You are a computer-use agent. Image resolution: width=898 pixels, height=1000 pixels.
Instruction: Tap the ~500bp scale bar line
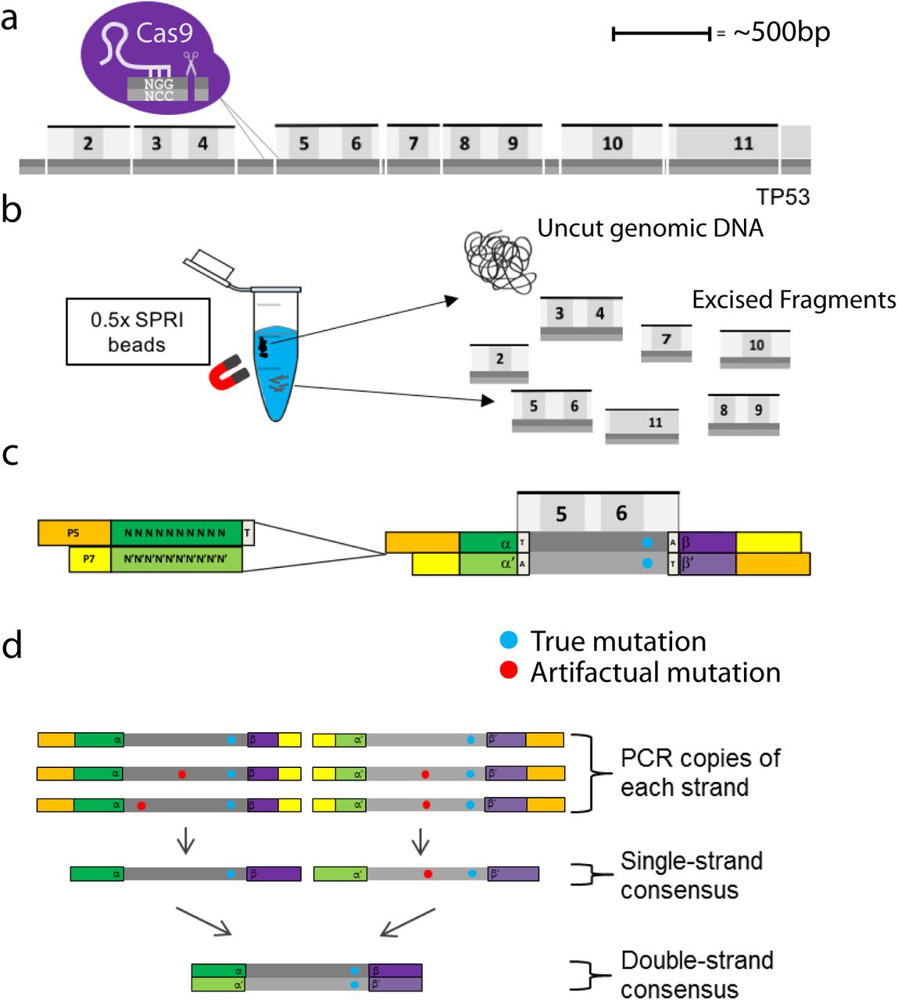660,34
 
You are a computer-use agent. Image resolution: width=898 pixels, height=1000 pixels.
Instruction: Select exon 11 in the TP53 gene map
742,144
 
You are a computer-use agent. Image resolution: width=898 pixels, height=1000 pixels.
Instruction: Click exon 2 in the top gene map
88,144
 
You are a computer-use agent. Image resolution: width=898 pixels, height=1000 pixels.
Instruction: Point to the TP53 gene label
782,197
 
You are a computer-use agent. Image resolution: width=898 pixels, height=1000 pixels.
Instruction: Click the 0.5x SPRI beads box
138,332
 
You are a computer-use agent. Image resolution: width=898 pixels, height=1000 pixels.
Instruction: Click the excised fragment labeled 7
666,341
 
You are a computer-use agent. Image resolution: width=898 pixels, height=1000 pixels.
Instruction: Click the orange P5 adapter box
74,534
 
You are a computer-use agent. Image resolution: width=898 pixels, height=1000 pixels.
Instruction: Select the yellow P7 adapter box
90,559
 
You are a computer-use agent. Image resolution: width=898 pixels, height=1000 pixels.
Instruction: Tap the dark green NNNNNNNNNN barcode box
176,534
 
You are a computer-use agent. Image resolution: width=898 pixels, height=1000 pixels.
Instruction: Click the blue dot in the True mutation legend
509,641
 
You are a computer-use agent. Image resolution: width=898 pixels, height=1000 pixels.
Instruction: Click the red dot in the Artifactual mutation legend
509,670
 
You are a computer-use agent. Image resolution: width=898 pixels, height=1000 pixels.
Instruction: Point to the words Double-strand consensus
696,974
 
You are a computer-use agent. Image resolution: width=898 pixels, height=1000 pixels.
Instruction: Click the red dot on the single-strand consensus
428,873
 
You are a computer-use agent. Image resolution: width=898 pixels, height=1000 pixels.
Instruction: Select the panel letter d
12,646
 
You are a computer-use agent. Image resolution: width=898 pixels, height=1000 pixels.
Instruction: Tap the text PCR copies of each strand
699,772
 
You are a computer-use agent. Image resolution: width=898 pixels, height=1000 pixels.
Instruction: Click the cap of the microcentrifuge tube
209,264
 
